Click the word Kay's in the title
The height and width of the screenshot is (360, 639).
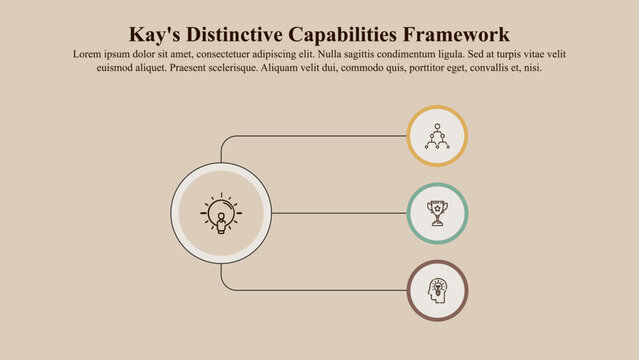point(158,35)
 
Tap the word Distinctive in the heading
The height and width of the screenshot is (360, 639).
point(247,35)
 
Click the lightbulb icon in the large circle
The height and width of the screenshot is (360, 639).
point(221,213)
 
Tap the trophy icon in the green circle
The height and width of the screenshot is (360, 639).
point(437,213)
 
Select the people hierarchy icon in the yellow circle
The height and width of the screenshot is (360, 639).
point(437,135)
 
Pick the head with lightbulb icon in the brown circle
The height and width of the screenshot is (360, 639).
point(437,291)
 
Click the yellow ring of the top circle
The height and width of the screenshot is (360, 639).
point(437,108)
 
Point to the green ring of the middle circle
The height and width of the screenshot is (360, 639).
point(437,186)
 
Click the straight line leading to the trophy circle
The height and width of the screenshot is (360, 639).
point(340,213)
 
